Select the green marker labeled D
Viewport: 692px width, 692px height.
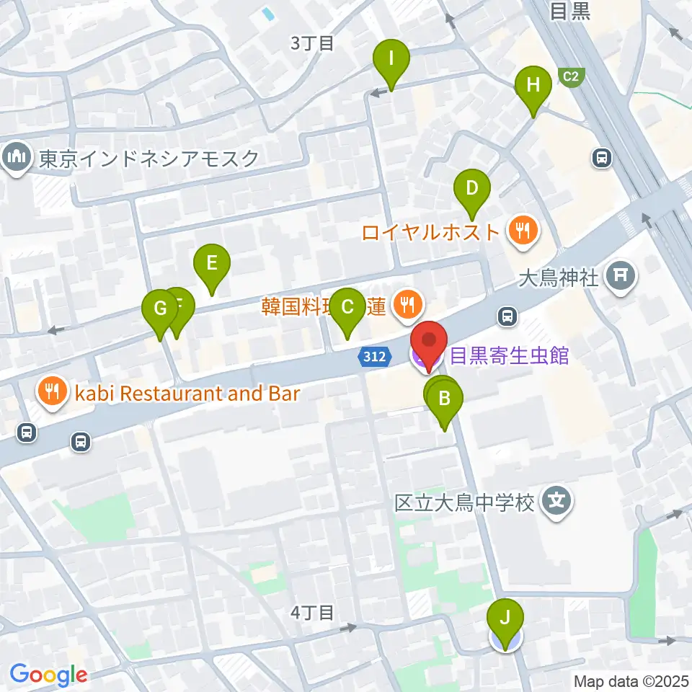pos(471,190)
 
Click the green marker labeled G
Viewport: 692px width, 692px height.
pos(159,311)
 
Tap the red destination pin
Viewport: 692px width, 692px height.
pos(429,342)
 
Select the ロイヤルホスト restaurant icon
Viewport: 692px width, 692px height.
pos(520,232)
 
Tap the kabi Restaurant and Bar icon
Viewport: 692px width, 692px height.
pos(51,393)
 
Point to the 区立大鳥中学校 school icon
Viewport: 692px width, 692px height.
pos(557,500)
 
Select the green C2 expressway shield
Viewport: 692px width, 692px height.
pos(571,75)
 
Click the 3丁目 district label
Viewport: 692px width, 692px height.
pos(312,43)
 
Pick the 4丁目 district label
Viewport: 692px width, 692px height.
pos(312,613)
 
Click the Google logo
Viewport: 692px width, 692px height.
pos(48,675)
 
